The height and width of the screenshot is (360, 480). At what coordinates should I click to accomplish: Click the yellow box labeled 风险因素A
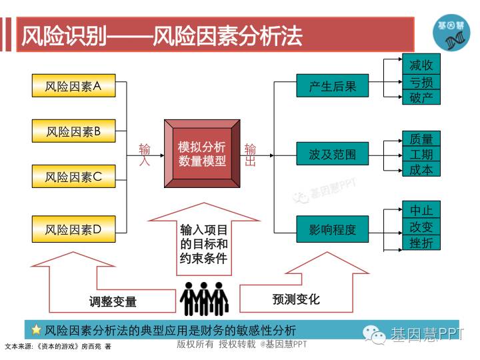(73, 86)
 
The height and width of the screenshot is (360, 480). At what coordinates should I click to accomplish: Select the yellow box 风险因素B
(73, 131)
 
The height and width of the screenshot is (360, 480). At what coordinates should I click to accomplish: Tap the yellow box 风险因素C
(73, 177)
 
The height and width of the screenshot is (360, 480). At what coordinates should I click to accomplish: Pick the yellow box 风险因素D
(73, 230)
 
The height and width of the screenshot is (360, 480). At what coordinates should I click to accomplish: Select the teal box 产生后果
(333, 86)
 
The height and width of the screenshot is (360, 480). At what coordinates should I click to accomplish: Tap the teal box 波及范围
(333, 155)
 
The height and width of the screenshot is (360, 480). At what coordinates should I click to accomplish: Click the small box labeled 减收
(421, 65)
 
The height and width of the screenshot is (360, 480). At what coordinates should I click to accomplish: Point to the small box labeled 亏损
(421, 81)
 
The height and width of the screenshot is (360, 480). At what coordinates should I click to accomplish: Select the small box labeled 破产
(421, 97)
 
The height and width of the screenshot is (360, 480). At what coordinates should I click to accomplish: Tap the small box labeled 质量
(421, 139)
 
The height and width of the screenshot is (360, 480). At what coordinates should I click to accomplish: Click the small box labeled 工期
(421, 154)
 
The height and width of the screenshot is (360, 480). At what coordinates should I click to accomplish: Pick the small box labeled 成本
(421, 170)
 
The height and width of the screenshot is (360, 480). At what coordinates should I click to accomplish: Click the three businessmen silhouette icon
(205, 298)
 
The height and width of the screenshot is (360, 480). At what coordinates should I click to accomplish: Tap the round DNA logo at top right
(451, 32)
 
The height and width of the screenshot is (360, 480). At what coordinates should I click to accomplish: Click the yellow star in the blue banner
(37, 329)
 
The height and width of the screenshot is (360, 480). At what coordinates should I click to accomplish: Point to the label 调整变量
(113, 301)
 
